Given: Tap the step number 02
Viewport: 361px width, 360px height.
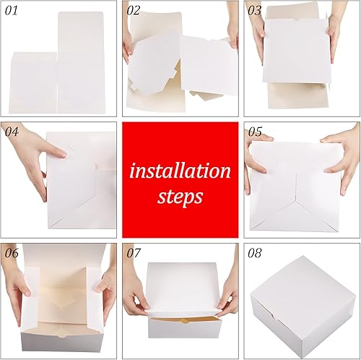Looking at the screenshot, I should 134,11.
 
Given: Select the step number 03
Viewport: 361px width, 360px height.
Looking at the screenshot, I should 255,11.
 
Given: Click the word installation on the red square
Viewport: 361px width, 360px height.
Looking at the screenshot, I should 180,171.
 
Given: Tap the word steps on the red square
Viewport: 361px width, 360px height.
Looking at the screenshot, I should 180,196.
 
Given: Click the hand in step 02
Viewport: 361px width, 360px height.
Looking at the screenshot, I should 128,43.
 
